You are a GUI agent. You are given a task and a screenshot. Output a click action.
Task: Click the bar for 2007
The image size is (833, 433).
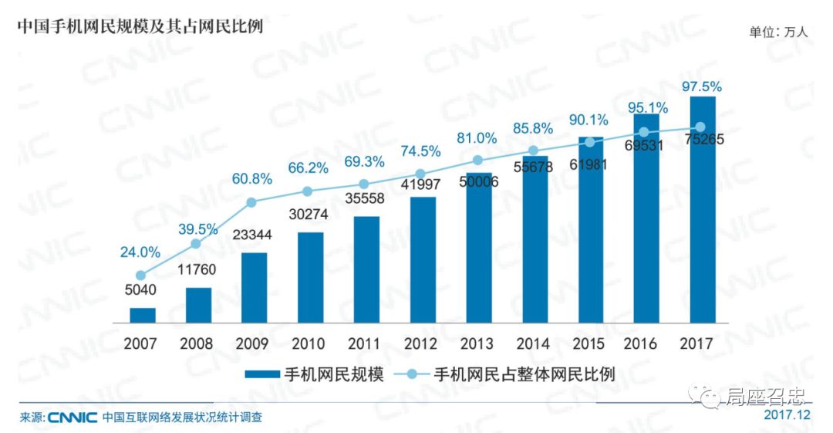point(142,315)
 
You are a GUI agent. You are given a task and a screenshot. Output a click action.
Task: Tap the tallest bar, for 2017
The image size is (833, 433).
point(703,209)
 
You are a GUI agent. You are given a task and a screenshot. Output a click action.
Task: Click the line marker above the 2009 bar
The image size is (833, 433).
point(251,202)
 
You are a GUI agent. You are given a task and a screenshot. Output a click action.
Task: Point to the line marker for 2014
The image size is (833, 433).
point(534,151)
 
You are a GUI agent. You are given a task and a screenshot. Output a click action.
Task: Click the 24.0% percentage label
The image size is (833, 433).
point(140,252)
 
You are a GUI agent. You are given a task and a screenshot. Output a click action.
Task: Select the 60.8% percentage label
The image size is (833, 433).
point(252,179)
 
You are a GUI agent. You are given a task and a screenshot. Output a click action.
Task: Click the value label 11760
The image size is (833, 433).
point(197,271)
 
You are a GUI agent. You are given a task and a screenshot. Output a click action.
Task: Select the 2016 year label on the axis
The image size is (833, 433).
point(646,343)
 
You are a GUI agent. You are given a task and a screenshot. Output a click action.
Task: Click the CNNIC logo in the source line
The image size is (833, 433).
point(73,418)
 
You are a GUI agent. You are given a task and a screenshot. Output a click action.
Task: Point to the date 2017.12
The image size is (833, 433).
point(787,415)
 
